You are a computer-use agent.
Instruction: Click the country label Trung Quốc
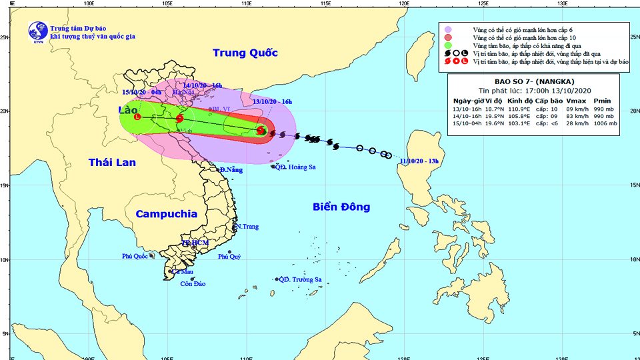tap(245, 53)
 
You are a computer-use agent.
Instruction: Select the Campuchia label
tap(167, 214)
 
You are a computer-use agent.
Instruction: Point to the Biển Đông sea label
tap(341, 207)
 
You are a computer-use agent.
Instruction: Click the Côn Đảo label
tap(193, 285)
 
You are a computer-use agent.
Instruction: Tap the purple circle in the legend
tap(449, 29)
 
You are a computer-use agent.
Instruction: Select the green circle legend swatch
tap(449, 45)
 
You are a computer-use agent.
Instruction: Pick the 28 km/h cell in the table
tap(577, 123)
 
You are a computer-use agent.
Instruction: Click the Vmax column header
tap(577, 99)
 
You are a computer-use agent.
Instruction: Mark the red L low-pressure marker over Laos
tap(137, 117)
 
